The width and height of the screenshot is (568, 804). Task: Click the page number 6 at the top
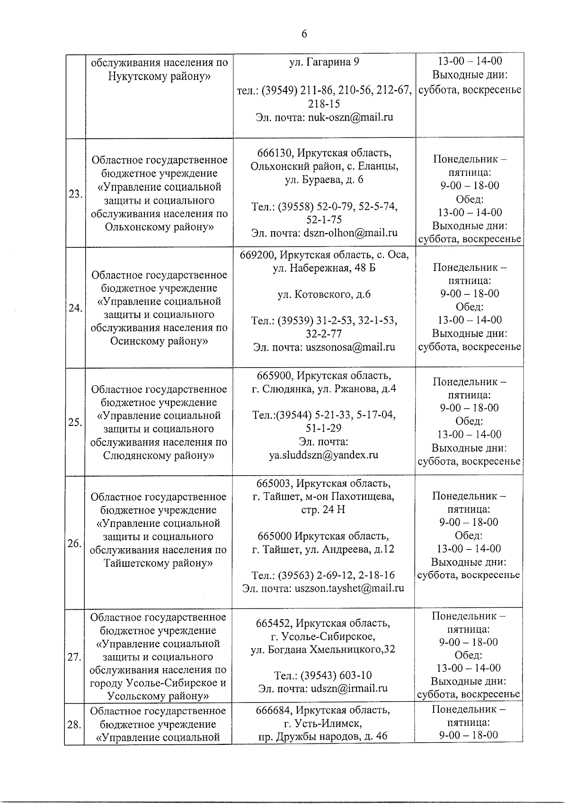coord(304,34)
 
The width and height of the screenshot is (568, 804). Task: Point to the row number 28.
coord(74,724)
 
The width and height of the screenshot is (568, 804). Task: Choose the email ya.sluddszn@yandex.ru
coord(324,455)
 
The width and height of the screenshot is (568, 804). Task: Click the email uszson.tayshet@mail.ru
coord(349,588)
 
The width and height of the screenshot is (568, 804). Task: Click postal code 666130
coord(274,154)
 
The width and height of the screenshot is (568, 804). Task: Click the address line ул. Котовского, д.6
coord(324,295)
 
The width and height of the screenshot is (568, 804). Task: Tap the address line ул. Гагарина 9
coord(324,62)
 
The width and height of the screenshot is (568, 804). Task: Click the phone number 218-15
coord(324,104)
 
